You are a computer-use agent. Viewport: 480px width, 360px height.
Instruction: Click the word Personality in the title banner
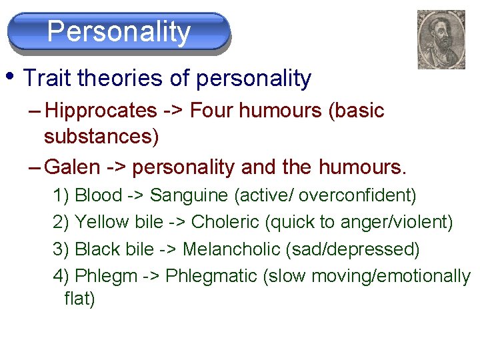point(119,31)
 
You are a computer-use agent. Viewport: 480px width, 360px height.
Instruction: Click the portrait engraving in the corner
point(441,39)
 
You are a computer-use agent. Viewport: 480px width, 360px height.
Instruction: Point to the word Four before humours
point(212,110)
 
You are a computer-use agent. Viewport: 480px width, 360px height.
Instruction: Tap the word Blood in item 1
point(99,195)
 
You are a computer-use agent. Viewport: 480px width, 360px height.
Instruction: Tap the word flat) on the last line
point(79,299)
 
